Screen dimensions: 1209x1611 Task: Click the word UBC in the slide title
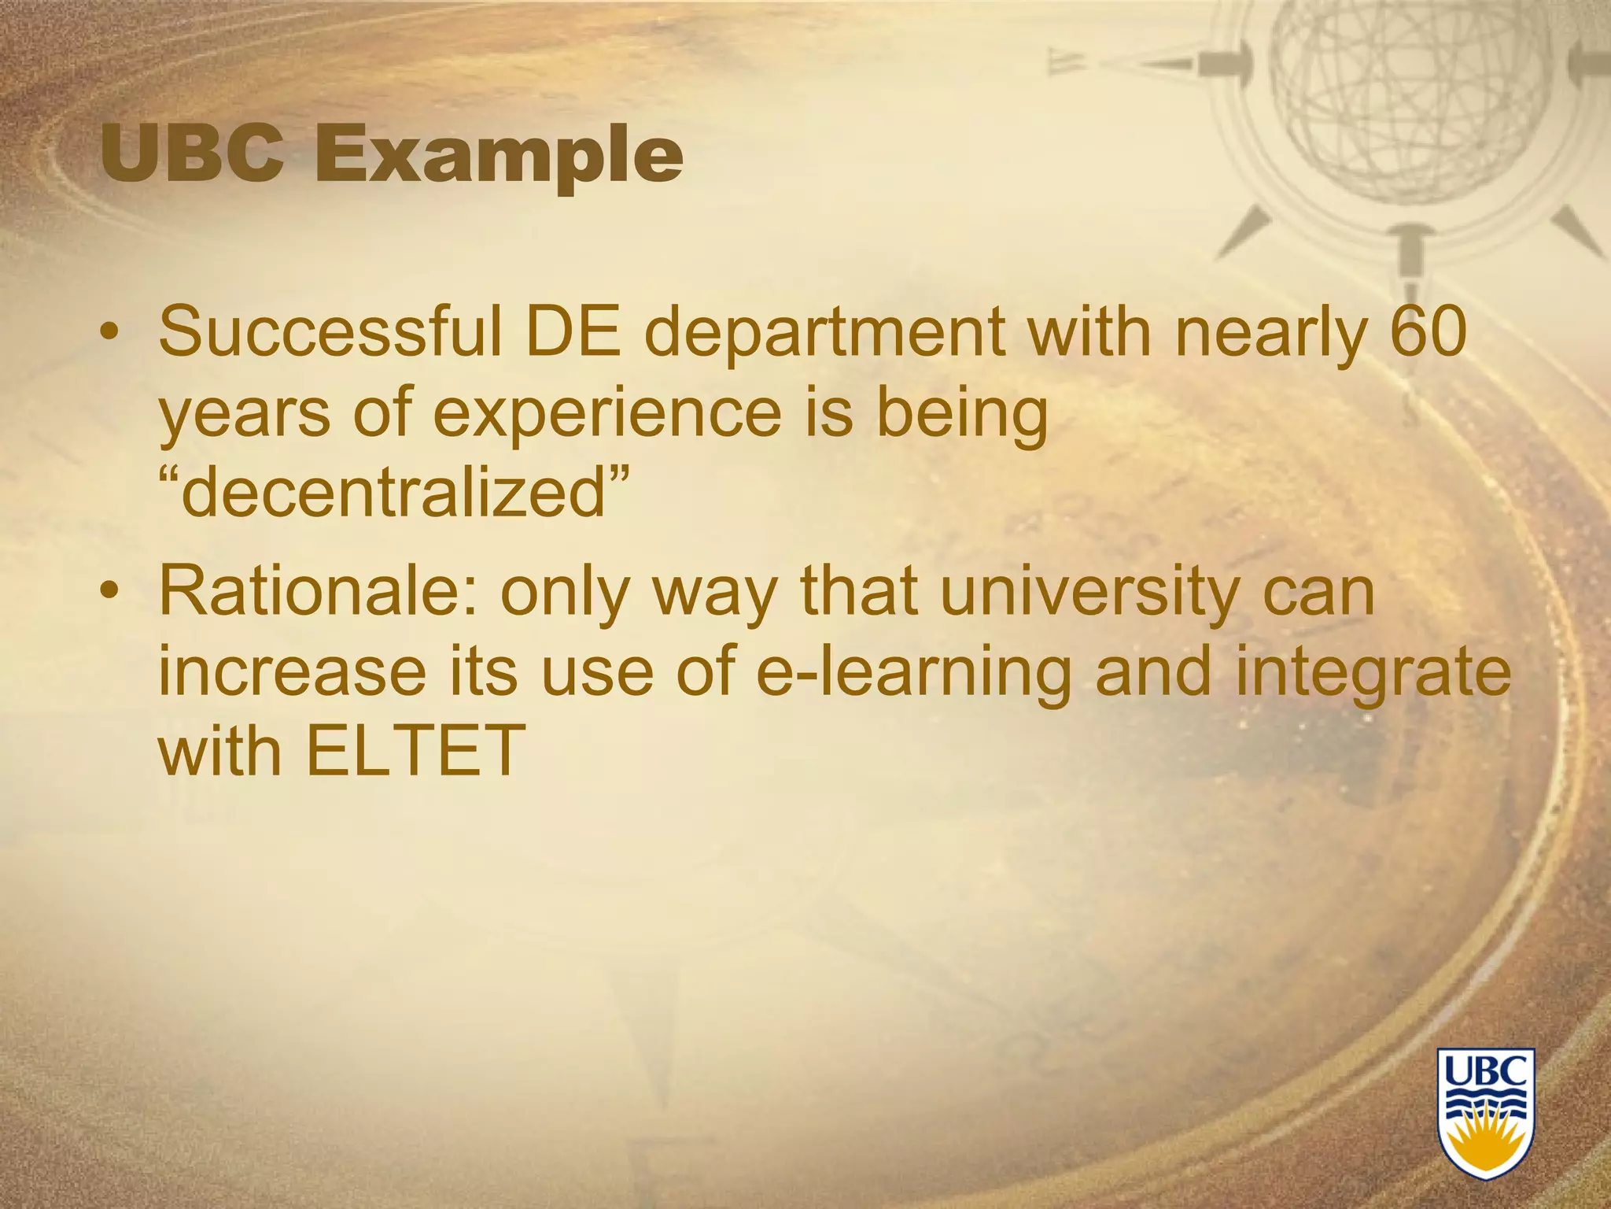(192, 154)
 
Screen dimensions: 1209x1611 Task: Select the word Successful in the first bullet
(330, 331)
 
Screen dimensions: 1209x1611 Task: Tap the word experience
(606, 416)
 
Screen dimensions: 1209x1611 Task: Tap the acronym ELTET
(415, 749)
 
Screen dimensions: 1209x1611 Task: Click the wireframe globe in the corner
(1408, 102)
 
